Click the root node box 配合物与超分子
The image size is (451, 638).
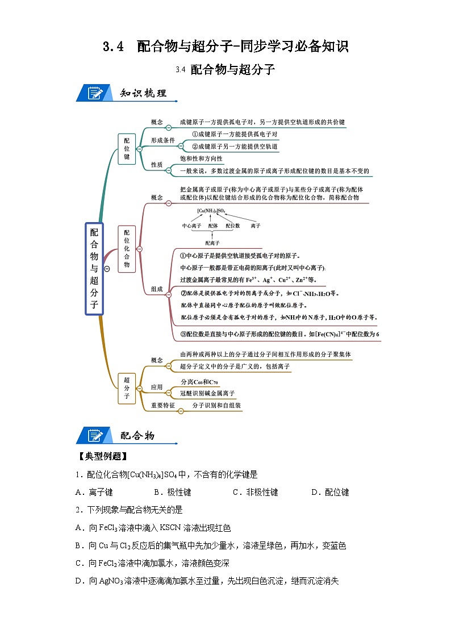pyautogui.click(x=94, y=268)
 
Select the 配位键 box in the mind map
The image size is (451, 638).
pyautogui.click(x=126, y=149)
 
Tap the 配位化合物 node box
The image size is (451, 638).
pyautogui.click(x=126, y=248)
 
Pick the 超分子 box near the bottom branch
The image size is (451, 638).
pyautogui.click(x=126, y=387)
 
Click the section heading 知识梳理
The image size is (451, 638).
pyautogui.click(x=143, y=93)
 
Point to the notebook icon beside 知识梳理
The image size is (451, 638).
pyautogui.click(x=94, y=93)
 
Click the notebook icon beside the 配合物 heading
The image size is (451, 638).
pyautogui.click(x=94, y=436)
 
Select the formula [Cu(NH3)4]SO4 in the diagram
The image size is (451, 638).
pyautogui.click(x=211, y=211)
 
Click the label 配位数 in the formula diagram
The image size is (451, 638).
pyautogui.click(x=233, y=226)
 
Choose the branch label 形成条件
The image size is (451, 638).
pyautogui.click(x=163, y=140)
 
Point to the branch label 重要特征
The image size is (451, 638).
pyautogui.click(x=163, y=406)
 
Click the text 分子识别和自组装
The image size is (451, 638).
pyautogui.click(x=216, y=406)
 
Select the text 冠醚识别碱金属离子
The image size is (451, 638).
pyautogui.click(x=207, y=393)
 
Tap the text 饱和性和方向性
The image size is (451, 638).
pyautogui.click(x=201, y=159)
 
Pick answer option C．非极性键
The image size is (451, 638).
pyautogui.click(x=255, y=493)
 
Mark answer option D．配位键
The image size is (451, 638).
pyautogui.click(x=330, y=493)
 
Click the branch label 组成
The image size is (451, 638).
pyautogui.click(x=157, y=289)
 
